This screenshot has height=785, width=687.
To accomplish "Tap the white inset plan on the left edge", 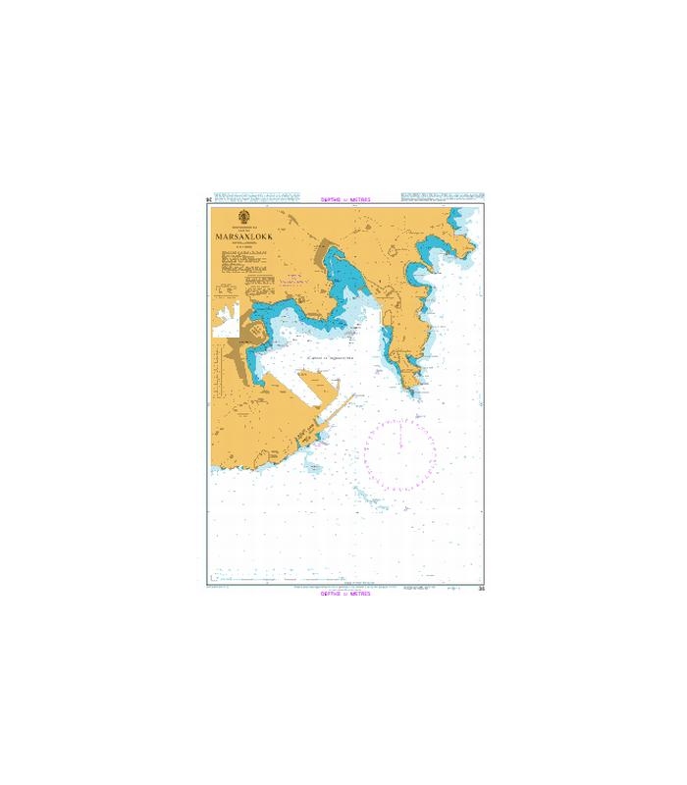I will point(227,320).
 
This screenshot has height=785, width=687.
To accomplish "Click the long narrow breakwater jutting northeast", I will point(331,416).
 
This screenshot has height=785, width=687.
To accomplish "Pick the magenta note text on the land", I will point(291,280).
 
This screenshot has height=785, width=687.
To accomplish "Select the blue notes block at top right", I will point(443,197).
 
